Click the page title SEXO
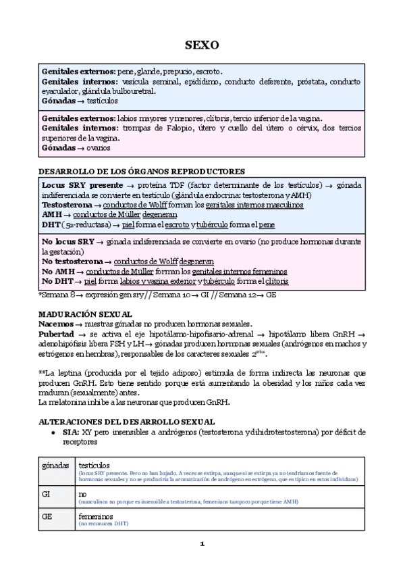click(202, 46)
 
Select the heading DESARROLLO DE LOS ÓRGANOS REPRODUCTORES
click(141, 171)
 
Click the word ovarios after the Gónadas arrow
click(99, 148)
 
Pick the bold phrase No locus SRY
click(67, 241)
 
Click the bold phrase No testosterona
click(72, 261)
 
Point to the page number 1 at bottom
click(202, 544)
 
